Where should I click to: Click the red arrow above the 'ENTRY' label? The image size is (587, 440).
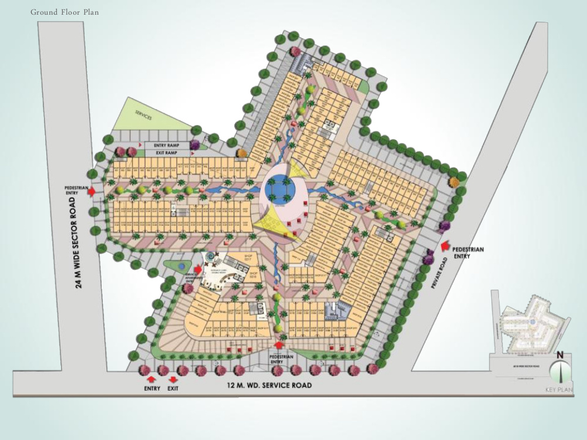pyautogui.click(x=152, y=380)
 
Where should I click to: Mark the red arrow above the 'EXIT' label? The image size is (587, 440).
pyautogui.click(x=171, y=380)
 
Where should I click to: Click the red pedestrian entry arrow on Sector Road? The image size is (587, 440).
pyautogui.click(x=104, y=191)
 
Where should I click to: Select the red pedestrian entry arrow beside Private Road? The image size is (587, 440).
pyautogui.click(x=444, y=247)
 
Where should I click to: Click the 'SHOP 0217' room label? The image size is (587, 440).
pyautogui.click(x=231, y=257)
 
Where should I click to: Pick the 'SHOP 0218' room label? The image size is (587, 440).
pyautogui.click(x=254, y=273)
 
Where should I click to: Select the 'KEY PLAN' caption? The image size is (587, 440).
pyautogui.click(x=558, y=390)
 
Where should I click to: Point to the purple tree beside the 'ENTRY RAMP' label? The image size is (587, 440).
pyautogui.click(x=194, y=145)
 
